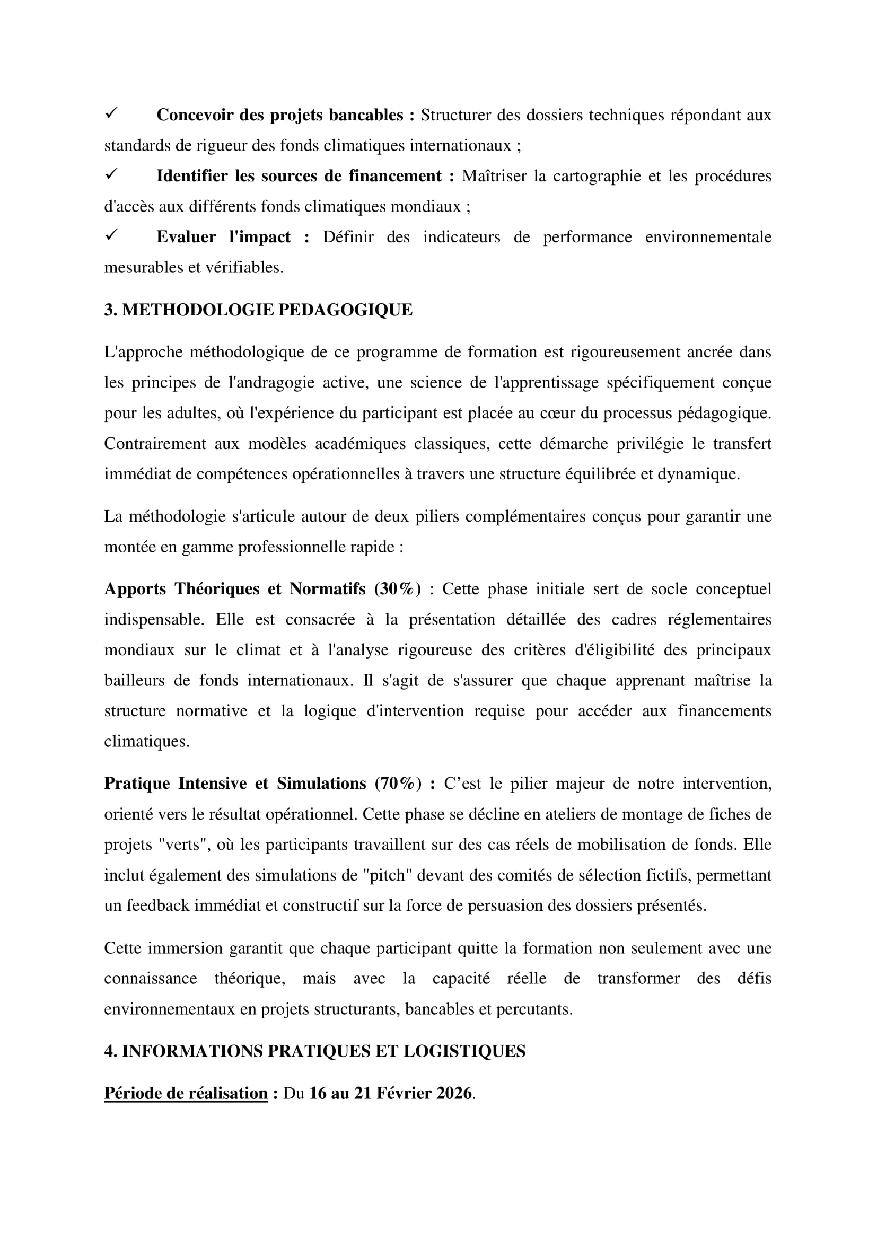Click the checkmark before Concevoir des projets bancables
pyautogui.click(x=111, y=113)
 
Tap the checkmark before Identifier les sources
pyautogui.click(x=111, y=174)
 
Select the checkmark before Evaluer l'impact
pyautogui.click(x=111, y=235)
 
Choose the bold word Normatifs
pyautogui.click(x=327, y=588)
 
